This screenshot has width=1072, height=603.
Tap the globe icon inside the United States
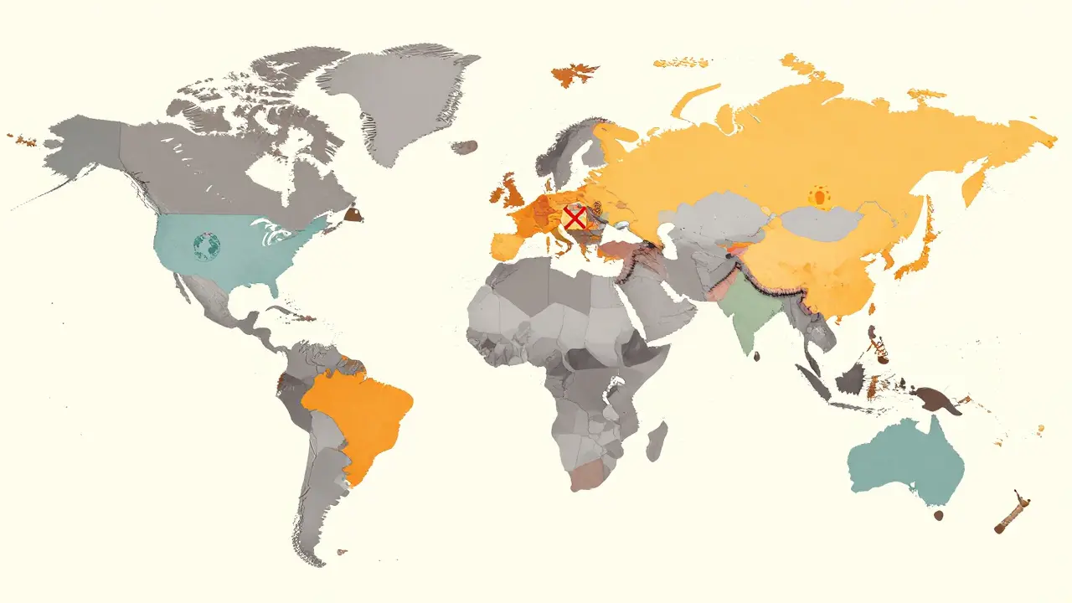(206, 245)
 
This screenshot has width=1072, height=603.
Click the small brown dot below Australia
(939, 515)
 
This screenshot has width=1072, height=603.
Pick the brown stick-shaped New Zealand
(1013, 513)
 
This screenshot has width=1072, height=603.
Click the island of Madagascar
(657, 441)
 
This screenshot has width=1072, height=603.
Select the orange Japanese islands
(921, 243)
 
